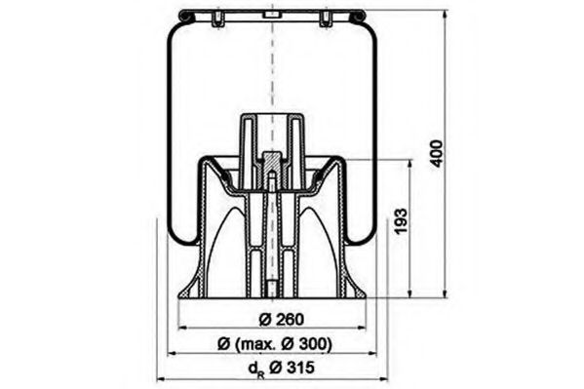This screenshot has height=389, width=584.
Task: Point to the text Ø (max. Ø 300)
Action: click(276, 343)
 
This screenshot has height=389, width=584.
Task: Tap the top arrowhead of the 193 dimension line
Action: click(410, 163)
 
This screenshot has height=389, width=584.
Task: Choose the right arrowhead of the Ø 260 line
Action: click(364, 329)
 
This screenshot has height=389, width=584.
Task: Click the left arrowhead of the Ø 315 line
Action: click(158, 378)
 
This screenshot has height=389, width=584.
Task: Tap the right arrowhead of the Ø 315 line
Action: click(387, 378)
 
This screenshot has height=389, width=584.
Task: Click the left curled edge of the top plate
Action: click(181, 15)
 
